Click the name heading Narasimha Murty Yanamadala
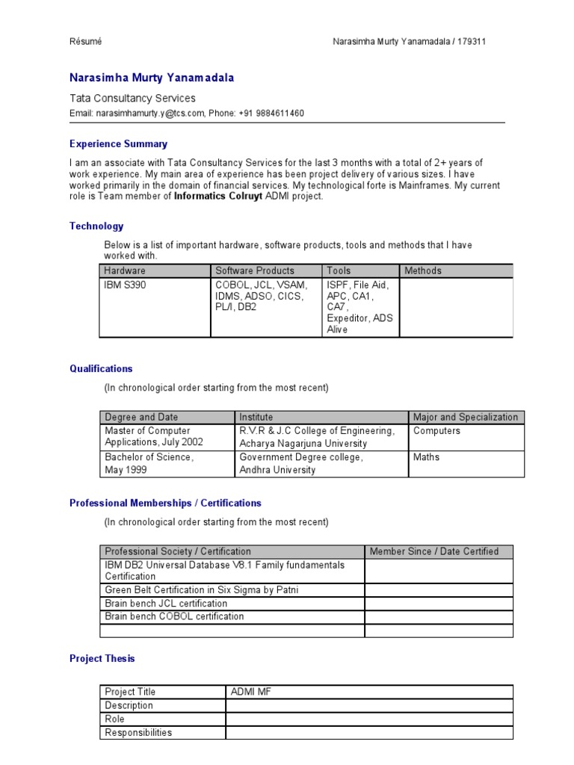tap(152, 78)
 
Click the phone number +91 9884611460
tap(271, 114)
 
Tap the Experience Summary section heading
tap(118, 144)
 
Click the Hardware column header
tap(125, 270)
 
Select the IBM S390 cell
tap(125, 285)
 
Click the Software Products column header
tap(255, 270)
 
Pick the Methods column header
tap(423, 270)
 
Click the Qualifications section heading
tap(101, 368)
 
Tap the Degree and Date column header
tap(141, 417)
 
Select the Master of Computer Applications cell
tap(153, 436)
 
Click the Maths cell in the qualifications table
tap(426, 457)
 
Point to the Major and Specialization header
tap(465, 417)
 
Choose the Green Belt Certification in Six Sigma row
tap(202, 590)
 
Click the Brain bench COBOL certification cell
tap(174, 617)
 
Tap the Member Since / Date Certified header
tap(434, 551)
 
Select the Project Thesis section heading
tap(102, 659)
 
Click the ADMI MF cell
tap(251, 692)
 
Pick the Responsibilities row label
tap(138, 733)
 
